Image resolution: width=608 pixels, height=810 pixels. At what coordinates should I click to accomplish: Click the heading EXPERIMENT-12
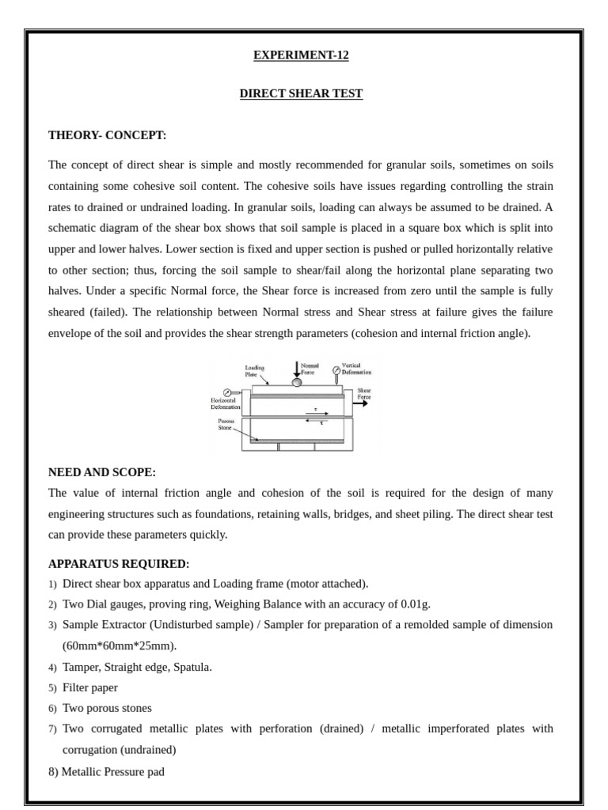point(301,55)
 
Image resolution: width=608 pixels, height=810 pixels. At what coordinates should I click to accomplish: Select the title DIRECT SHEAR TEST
point(301,94)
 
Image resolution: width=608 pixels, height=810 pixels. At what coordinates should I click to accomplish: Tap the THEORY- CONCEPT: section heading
point(107,135)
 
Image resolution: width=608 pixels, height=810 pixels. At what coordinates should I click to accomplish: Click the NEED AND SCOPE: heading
point(101,472)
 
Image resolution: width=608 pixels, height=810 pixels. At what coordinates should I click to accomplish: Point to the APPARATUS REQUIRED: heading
point(119,564)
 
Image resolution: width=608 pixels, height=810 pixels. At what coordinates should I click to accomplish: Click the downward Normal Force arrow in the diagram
point(297,369)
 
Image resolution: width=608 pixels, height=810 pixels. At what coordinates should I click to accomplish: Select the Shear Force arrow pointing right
point(359,403)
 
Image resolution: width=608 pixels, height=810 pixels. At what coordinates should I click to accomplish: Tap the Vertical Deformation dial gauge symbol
point(336,370)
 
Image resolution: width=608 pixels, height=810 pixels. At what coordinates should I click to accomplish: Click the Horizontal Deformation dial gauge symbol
point(228,392)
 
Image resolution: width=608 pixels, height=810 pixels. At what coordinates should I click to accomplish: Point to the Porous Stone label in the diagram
point(226,425)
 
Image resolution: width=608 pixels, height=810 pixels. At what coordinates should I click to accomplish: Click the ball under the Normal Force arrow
point(297,383)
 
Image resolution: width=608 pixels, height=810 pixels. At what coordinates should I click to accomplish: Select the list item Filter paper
point(89,687)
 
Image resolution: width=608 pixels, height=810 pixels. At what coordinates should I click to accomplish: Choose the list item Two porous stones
point(107,708)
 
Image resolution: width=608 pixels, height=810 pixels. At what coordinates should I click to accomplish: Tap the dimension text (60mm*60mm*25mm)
point(120,645)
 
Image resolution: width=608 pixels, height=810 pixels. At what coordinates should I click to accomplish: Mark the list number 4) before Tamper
point(52,668)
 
